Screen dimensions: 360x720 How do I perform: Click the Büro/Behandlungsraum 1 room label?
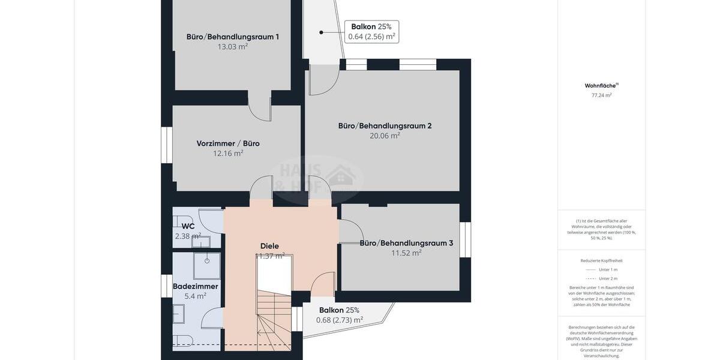[x=232, y=37]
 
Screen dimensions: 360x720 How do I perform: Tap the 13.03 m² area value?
[x=232, y=47]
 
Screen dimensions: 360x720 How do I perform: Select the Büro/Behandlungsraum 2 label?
[x=385, y=126]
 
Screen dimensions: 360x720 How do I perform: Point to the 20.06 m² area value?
[x=385, y=136]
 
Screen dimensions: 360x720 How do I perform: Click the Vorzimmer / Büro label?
[x=228, y=143]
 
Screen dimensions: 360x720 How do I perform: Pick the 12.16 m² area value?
[x=228, y=154]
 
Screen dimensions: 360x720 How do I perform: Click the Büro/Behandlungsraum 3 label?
[x=406, y=243]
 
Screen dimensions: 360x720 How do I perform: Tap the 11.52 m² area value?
[x=406, y=253]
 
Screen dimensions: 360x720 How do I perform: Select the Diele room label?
[x=269, y=246]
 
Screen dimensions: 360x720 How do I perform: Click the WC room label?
[x=188, y=226]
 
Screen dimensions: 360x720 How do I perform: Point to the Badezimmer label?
[x=195, y=286]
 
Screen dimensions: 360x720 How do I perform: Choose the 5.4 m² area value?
[x=195, y=296]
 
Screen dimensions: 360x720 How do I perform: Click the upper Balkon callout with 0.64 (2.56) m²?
[x=371, y=32]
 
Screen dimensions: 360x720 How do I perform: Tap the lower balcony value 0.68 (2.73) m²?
[x=340, y=320]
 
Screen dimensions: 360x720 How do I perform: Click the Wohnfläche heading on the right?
[x=601, y=86]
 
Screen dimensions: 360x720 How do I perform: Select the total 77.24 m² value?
[x=601, y=95]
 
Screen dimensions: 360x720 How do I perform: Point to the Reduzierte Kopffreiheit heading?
[x=601, y=260]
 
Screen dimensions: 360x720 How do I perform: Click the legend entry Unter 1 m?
[x=607, y=269]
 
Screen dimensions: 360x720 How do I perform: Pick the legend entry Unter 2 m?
[x=607, y=278]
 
